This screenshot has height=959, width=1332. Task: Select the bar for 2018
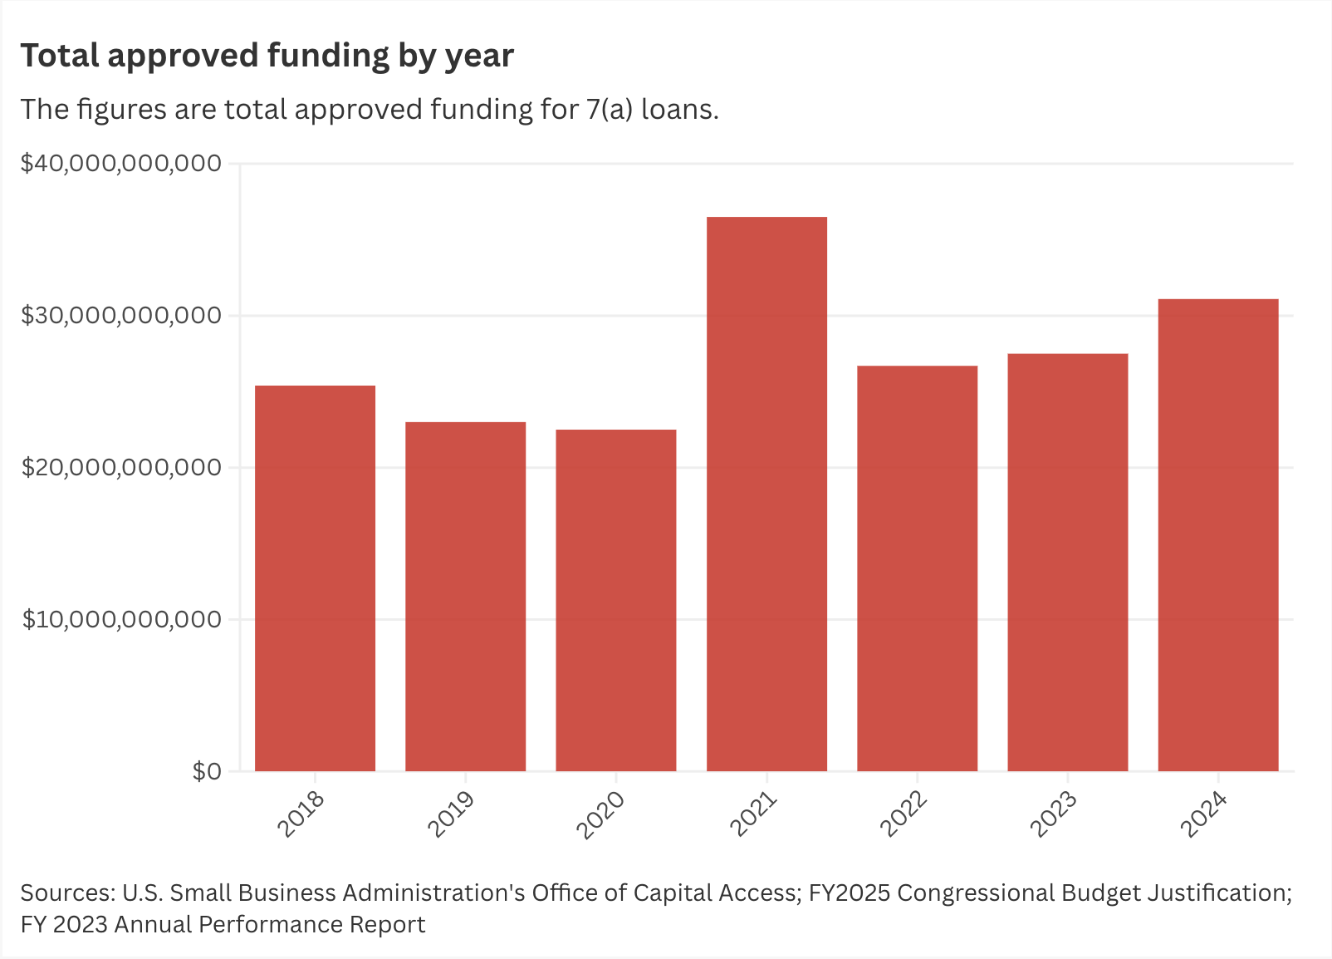coord(315,578)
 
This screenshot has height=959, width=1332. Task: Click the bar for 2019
coord(465,597)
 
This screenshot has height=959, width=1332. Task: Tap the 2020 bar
coord(615,600)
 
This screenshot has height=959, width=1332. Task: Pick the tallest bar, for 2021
coord(766,494)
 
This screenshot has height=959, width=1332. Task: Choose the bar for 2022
coord(917,568)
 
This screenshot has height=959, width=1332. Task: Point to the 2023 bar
coord(1067,563)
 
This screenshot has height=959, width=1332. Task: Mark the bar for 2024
coord(1217,535)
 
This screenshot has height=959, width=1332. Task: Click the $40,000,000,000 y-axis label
coord(121,163)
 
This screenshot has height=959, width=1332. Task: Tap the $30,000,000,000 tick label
coord(121,315)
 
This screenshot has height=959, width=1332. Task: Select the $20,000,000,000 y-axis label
coord(121,467)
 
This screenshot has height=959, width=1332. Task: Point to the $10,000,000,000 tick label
coord(121,619)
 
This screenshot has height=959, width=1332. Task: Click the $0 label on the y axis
coord(207,771)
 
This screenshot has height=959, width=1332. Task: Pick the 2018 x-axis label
coord(301,814)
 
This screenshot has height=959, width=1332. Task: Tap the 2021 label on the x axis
coord(753,814)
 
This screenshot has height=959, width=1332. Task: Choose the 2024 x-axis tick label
coord(1204,814)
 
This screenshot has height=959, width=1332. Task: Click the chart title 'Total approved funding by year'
coord(267,56)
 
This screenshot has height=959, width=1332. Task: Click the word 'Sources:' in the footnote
coord(67,893)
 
